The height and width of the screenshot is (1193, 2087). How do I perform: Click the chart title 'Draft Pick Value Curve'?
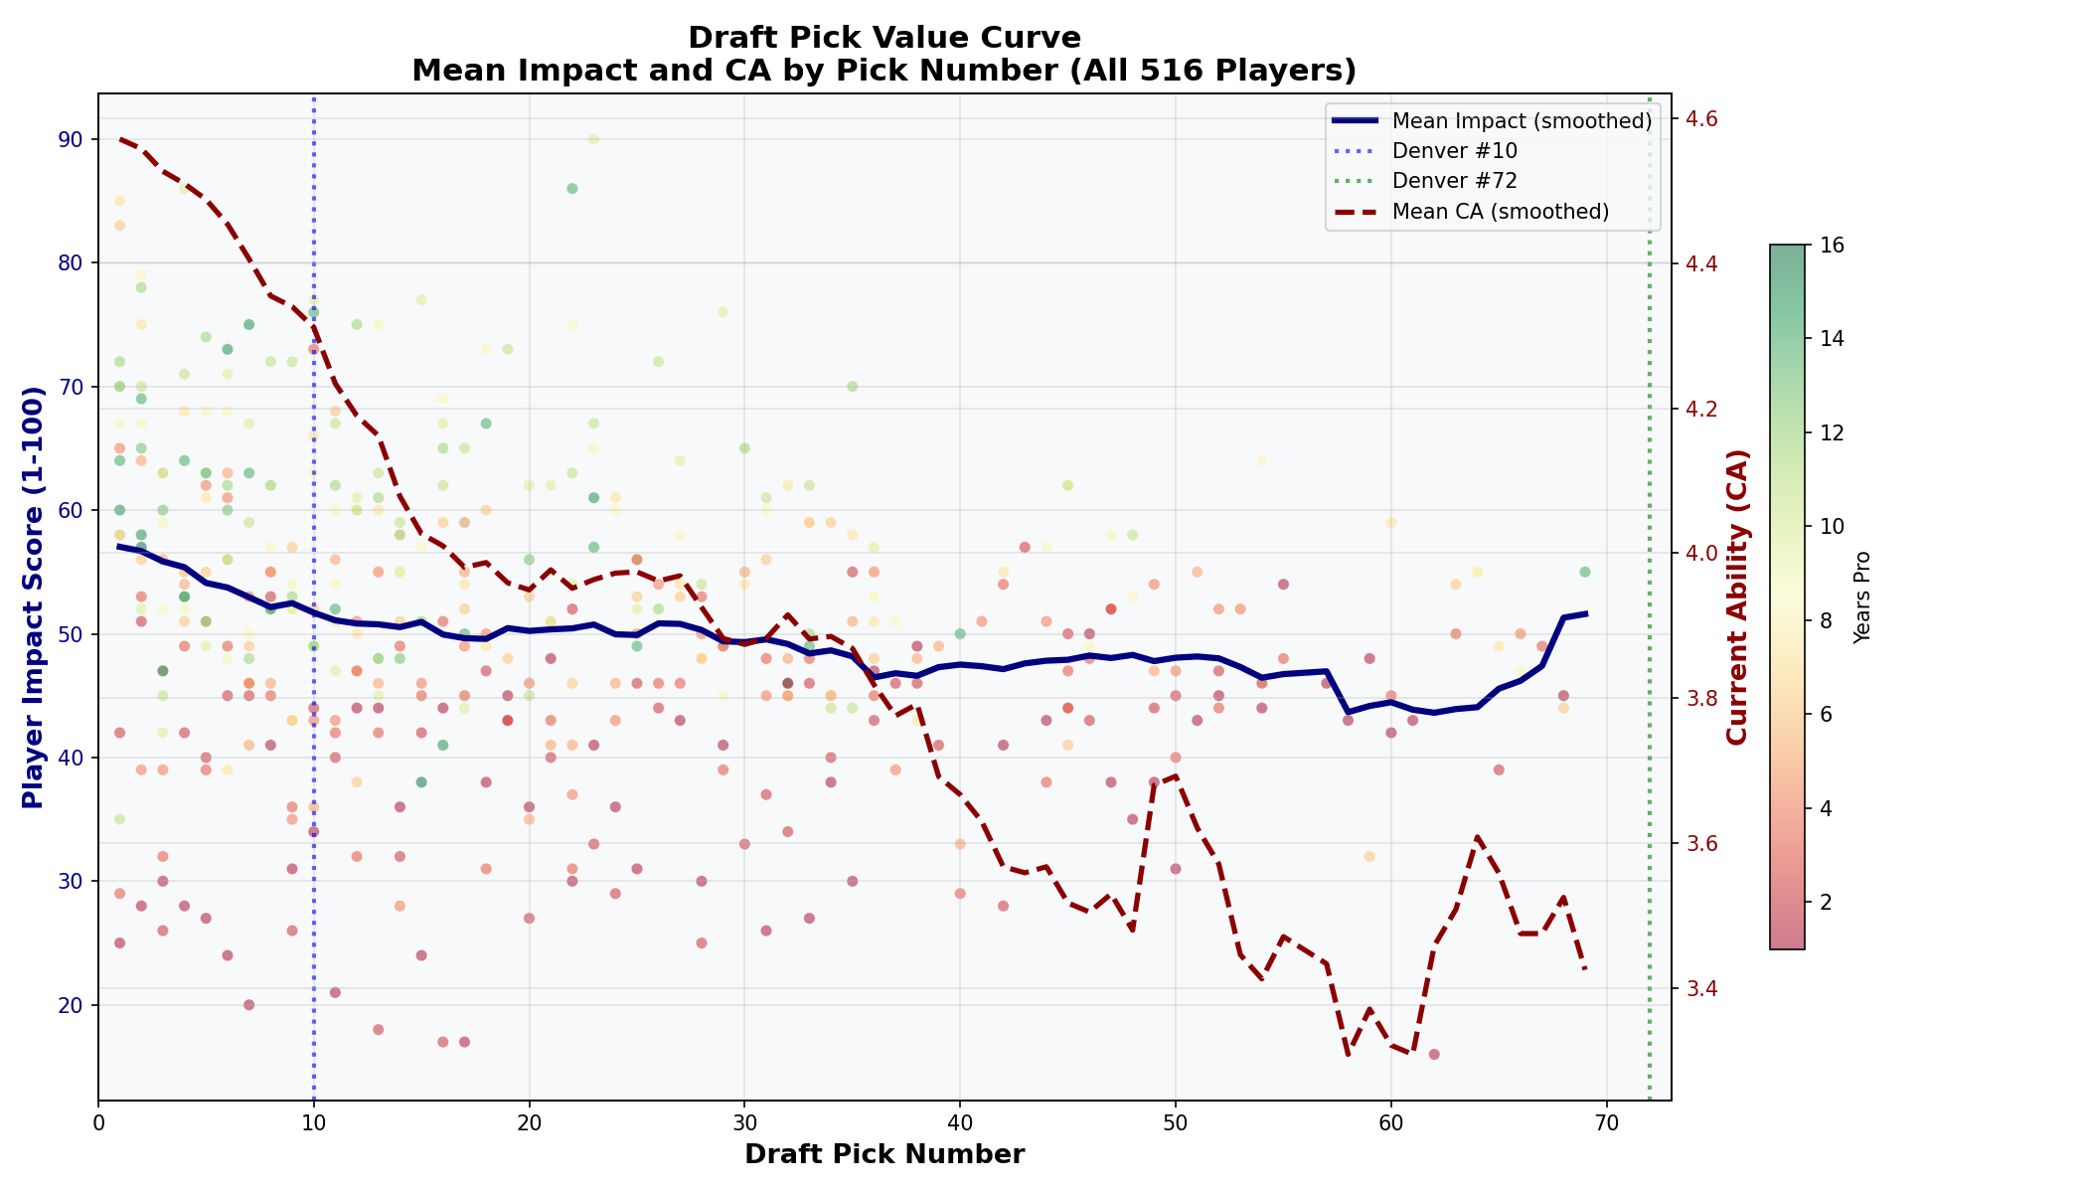(x=883, y=38)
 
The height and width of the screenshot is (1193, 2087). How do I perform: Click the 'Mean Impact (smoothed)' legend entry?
(x=1522, y=121)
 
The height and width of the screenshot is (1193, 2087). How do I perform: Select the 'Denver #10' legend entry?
(x=1455, y=151)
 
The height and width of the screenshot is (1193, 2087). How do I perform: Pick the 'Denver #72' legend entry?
(x=1455, y=181)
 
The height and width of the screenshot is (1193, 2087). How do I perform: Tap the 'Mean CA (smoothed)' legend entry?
(x=1501, y=211)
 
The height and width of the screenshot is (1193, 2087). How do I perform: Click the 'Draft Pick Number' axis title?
(x=883, y=1154)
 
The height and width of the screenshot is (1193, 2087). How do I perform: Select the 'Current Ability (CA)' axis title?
(x=1737, y=597)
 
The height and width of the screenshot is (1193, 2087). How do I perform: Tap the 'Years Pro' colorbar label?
(x=1862, y=597)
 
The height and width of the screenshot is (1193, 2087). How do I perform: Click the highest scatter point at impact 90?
(x=593, y=139)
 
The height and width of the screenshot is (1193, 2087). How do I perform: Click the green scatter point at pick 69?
(x=1585, y=572)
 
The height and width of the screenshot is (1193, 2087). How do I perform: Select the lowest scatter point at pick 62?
(x=1434, y=1054)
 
